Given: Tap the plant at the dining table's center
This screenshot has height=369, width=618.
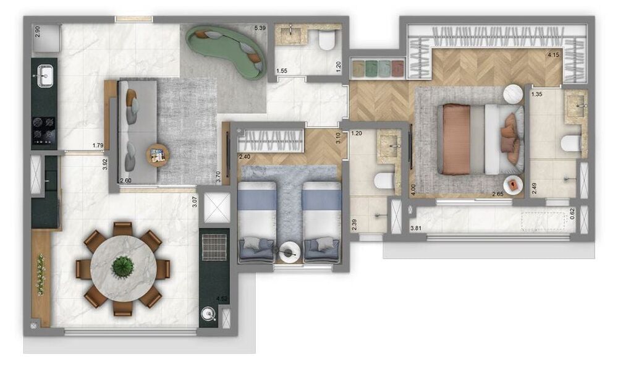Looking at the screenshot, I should pos(122,267).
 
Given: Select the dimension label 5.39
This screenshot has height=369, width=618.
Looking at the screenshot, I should pos(260,28).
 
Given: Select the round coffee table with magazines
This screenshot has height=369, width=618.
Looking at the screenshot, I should pos(158,155).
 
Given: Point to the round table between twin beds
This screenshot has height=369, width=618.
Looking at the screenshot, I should pos(289,252).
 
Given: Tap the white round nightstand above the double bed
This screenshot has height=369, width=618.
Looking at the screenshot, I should pos(512,93).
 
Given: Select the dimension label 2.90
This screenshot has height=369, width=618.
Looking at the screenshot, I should pos(38,32).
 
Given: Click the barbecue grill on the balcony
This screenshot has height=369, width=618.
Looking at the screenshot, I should pos(214,247).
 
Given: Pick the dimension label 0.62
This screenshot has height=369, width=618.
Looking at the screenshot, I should pos(572,214).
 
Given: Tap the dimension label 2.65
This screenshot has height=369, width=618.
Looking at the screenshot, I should pos(499,195).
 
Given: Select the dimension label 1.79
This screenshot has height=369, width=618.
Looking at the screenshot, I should pos(97,146).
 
